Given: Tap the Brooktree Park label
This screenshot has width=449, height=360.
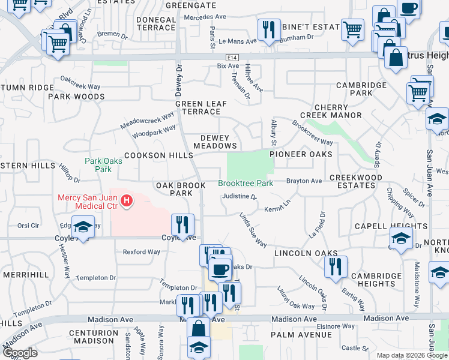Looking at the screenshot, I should point(245,183).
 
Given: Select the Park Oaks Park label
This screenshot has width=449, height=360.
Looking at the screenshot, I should point(98,164).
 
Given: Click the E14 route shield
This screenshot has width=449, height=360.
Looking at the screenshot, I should point(232,57).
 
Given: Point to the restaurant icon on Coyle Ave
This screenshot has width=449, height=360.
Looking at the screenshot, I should point(182,225).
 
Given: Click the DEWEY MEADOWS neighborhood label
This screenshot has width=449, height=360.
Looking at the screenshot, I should point(215,142).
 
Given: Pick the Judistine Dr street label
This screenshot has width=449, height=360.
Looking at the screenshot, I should point(239,196).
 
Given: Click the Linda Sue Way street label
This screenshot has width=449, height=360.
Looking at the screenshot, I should point(253,229).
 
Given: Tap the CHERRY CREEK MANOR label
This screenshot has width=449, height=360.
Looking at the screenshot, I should point(338,111).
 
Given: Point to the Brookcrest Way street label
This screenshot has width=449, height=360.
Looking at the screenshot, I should point(312,133).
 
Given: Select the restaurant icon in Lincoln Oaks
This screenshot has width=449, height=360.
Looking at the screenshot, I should point(336,266).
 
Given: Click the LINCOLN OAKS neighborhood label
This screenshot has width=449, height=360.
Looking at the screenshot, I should point(306,253).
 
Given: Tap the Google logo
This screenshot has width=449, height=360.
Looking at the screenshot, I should point(20,353).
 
